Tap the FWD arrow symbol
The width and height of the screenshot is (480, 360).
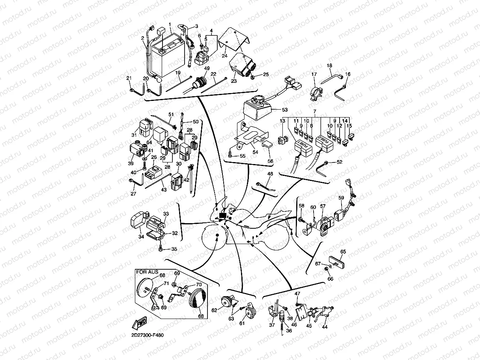point(140,322)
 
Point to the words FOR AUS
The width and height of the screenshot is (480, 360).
point(146,272)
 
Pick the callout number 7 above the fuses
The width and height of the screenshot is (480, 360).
point(315,113)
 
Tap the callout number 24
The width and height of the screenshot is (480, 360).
point(224,56)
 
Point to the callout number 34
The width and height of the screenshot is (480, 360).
point(141,237)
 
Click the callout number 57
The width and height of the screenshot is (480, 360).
point(323,206)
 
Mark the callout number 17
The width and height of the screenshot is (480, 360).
point(314,74)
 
